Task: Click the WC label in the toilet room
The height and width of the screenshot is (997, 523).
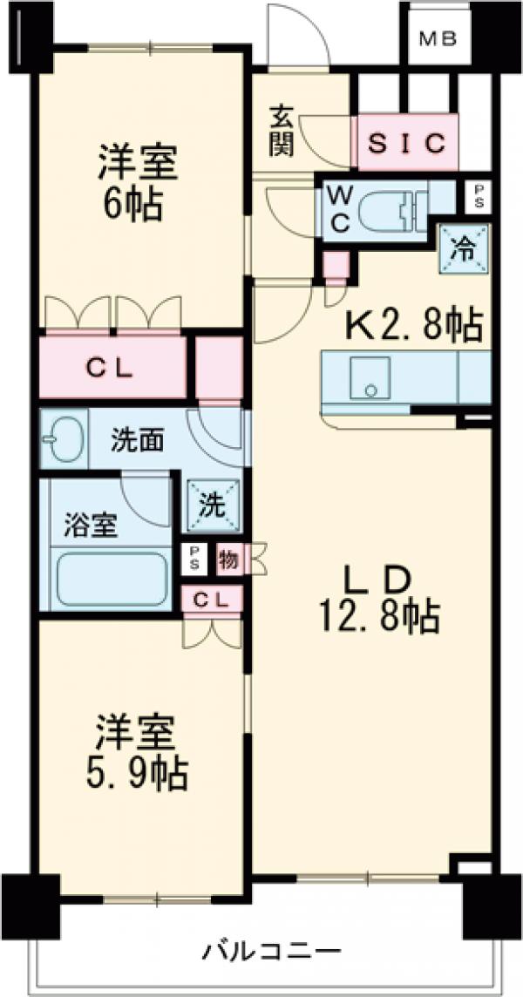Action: pyautogui.click(x=339, y=209)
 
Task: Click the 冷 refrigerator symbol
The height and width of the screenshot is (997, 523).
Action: pyautogui.click(x=465, y=249)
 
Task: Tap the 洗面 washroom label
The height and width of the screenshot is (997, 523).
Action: pyautogui.click(x=137, y=441)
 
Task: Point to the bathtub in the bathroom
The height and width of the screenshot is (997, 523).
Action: pyautogui.click(x=111, y=579)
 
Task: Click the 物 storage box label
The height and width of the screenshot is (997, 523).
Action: pyautogui.click(x=229, y=558)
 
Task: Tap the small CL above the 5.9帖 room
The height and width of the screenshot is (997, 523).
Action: pyautogui.click(x=213, y=600)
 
